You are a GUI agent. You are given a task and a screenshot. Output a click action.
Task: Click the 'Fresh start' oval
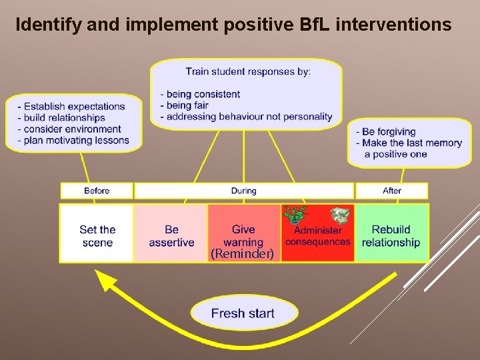tap(243, 313)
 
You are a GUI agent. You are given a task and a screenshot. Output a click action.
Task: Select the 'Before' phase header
tap(97, 191)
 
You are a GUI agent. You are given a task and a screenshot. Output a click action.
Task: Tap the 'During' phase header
tap(243, 191)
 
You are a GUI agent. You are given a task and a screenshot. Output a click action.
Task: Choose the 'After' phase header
tap(392, 191)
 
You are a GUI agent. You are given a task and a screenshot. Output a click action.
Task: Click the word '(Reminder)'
tap(242, 254)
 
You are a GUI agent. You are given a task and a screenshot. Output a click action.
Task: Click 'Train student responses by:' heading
tap(247, 71)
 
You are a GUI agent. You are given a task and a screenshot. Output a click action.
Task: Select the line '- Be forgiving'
tap(386, 131)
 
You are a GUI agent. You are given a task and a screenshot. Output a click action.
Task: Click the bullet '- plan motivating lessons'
tap(73, 140)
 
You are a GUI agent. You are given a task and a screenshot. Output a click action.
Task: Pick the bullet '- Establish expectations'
tap(71, 106)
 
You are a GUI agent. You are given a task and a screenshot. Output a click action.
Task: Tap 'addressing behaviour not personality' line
tap(246, 117)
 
